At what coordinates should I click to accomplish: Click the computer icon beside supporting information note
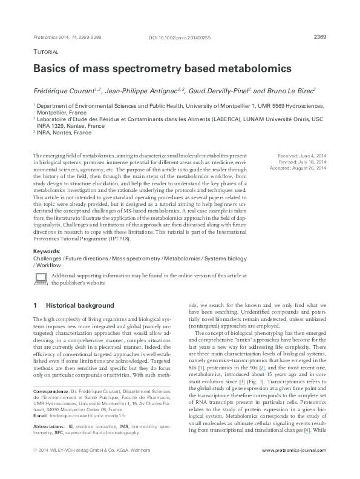tap(41, 278)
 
